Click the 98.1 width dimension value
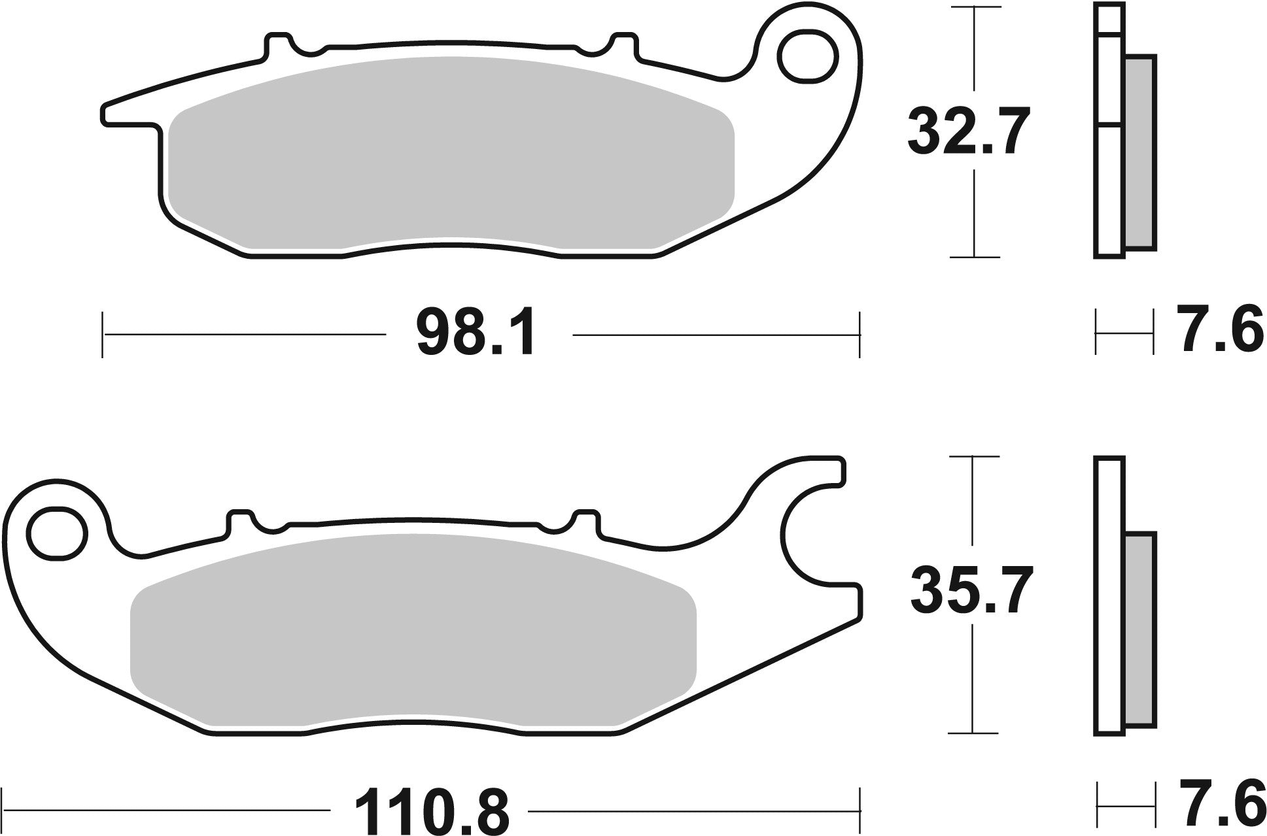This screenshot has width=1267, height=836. click(x=476, y=335)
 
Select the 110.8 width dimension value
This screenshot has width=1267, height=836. click(x=430, y=811)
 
